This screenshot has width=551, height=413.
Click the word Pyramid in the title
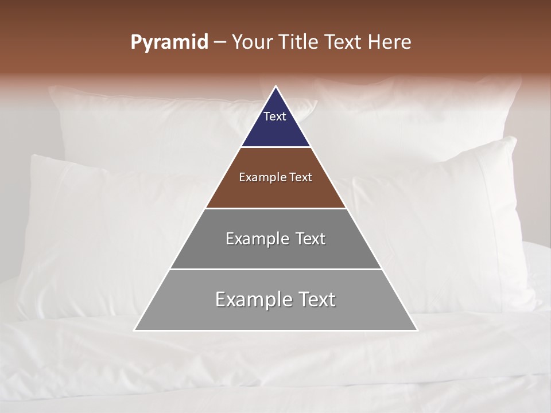[169, 42]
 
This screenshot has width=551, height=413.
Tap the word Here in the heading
[389, 42]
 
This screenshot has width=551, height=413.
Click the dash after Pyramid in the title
[220, 42]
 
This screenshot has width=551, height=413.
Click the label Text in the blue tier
[275, 116]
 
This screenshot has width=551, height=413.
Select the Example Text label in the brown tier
[275, 177]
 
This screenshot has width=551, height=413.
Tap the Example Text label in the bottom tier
[275, 299]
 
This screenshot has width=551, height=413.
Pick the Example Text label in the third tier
[275, 239]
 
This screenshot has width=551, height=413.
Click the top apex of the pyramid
[276, 87]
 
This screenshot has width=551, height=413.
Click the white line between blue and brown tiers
[275, 147]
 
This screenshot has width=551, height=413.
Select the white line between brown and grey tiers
[275, 208]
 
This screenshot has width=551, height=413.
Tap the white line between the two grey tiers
[275, 269]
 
